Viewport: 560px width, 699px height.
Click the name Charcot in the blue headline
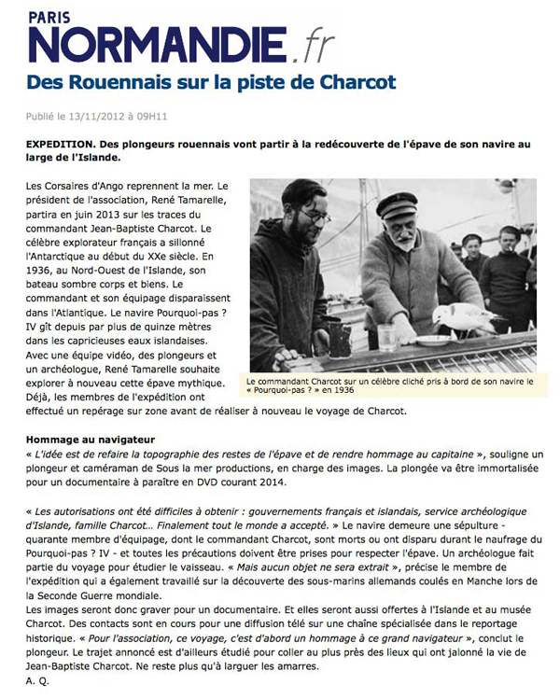[x=356, y=82]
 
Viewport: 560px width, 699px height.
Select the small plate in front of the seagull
[x=434, y=341]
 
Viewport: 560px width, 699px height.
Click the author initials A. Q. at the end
[x=38, y=682]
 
